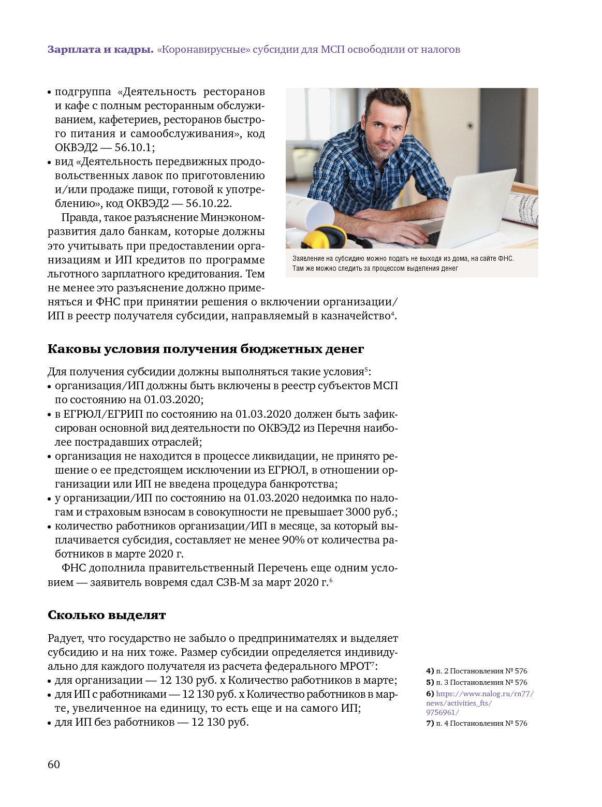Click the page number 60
pos(54,765)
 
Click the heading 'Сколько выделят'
pos(107,615)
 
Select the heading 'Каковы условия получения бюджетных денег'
pos(205,349)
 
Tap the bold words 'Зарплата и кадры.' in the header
pos(100,50)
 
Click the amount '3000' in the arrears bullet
pos(359,512)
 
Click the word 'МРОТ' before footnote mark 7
pos(355,666)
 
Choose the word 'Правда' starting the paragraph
pos(78,217)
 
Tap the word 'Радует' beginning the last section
pos(66,638)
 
